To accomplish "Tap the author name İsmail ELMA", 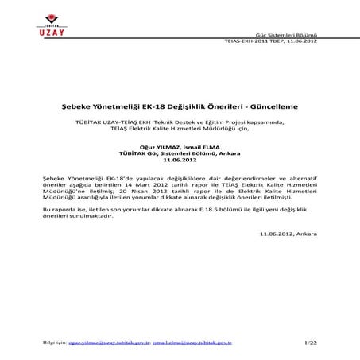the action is [202, 146].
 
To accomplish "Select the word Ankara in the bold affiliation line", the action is [232, 152].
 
